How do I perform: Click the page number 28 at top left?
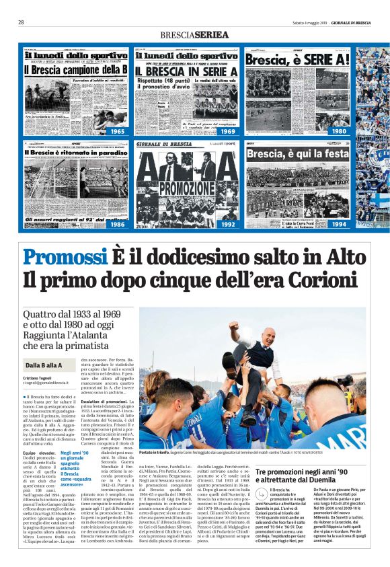pos(22,22)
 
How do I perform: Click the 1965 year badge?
pos(118,131)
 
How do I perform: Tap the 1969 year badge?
pos(229,131)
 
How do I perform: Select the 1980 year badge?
pos(338,131)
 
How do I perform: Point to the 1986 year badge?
pos(118,225)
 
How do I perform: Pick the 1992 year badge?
pos(229,225)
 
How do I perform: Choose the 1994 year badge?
pos(338,225)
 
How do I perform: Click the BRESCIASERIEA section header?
pos(194,34)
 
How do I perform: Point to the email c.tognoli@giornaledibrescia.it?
pos(51,384)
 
